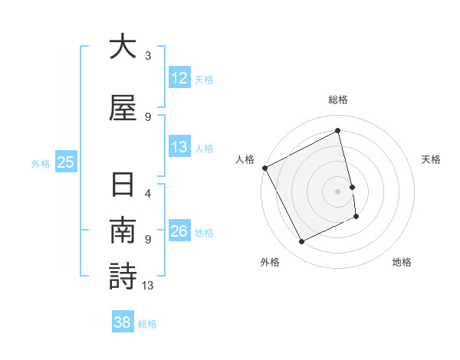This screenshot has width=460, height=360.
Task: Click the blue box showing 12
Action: tap(179, 78)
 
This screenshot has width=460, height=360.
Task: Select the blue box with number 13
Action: tap(179, 147)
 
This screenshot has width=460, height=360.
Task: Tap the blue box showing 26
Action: tap(179, 231)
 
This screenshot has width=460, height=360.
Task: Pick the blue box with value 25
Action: tap(65, 162)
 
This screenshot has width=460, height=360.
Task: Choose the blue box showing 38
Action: tap(122, 322)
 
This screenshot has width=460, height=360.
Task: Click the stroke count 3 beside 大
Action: tap(148, 56)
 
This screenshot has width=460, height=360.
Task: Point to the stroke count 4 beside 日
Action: tap(148, 194)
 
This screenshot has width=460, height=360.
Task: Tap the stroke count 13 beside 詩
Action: tap(148, 286)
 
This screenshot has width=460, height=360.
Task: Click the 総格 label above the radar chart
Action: tap(338, 100)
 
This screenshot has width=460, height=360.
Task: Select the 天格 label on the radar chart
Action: tap(431, 159)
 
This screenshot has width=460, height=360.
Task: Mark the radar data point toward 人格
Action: tap(264, 168)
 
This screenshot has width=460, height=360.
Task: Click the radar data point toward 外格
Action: tap(301, 242)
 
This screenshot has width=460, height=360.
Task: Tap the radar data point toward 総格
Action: tap(338, 131)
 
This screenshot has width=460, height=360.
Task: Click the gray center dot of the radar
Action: tap(338, 191)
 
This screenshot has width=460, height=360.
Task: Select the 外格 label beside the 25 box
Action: tap(40, 163)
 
